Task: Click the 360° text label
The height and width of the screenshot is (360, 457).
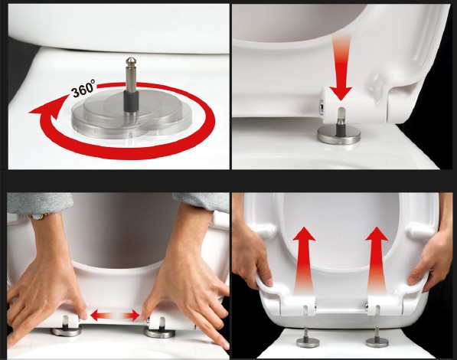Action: click(83, 88)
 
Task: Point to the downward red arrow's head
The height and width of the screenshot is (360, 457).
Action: click(340, 93)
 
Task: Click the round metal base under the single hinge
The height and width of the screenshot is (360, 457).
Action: click(338, 136)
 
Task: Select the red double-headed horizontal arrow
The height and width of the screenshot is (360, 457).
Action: click(115, 316)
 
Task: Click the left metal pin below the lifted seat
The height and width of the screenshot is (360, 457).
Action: click(306, 339)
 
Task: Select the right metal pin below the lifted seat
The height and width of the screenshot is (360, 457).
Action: click(376, 339)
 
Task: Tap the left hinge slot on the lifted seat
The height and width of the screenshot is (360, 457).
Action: click(305, 310)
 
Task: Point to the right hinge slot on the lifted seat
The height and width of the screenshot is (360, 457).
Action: click(377, 309)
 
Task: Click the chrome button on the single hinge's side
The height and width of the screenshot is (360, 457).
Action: click(322, 106)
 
